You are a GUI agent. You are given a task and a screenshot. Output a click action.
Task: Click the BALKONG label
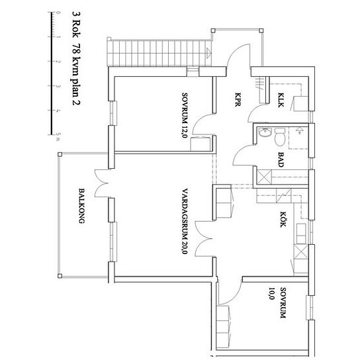point(81,206)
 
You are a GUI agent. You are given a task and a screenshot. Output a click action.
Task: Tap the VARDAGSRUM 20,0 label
point(185,221)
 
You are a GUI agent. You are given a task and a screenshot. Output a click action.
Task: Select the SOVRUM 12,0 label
point(185,115)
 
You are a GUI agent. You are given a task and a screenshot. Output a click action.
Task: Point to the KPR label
point(238,100)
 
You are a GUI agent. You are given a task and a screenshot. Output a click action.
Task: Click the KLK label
point(281,100)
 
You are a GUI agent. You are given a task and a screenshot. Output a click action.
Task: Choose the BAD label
point(281,159)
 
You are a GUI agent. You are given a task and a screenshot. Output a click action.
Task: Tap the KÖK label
point(283,219)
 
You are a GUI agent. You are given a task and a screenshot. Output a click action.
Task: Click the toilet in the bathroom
point(280,137)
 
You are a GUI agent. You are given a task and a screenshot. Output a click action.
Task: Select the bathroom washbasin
point(265,132)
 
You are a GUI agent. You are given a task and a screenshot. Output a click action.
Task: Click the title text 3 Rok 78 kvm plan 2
point(76,59)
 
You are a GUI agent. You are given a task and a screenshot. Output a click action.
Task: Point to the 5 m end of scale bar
point(52,134)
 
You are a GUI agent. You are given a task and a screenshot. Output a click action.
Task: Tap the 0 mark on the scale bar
point(52,12)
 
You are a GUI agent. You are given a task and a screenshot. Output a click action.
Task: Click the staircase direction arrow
point(208,53)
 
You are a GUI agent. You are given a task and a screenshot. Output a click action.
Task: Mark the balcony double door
point(102,183)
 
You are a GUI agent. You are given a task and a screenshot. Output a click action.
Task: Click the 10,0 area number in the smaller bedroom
point(271,294)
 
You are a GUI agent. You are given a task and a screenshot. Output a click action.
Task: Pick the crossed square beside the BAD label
point(265,177)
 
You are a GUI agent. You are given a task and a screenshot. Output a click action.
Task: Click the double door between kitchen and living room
point(204,239)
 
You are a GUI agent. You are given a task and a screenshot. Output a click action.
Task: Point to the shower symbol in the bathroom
point(299,130)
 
